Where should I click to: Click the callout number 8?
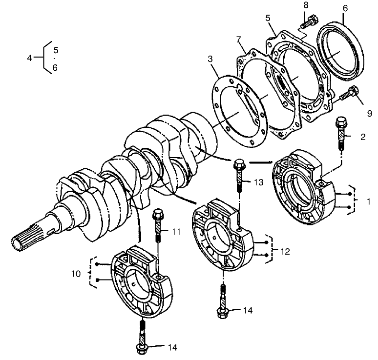click(x=306, y=5)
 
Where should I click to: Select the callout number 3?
click(x=210, y=59)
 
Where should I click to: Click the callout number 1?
click(x=369, y=201)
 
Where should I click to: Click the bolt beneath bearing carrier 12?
click(x=222, y=303)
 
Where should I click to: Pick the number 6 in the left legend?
click(x=55, y=68)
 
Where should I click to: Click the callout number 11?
click(x=176, y=232)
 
